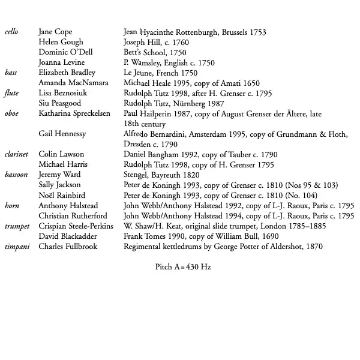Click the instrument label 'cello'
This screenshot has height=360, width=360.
click(x=11, y=32)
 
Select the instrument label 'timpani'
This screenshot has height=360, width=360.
click(x=16, y=246)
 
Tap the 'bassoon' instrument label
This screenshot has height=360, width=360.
click(x=17, y=175)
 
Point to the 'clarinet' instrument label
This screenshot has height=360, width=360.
click(x=17, y=154)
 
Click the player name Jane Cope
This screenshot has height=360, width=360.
click(x=55, y=32)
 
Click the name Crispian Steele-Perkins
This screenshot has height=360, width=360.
click(x=76, y=226)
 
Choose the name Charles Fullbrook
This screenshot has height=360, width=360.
click(x=68, y=246)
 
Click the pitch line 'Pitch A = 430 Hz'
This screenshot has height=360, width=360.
click(x=183, y=266)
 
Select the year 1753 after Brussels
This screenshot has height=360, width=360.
click(x=256, y=32)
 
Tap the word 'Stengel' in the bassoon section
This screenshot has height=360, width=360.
click(x=136, y=175)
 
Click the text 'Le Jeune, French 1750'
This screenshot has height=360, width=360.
click(x=160, y=73)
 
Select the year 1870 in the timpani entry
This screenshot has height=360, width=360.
click(x=313, y=246)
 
